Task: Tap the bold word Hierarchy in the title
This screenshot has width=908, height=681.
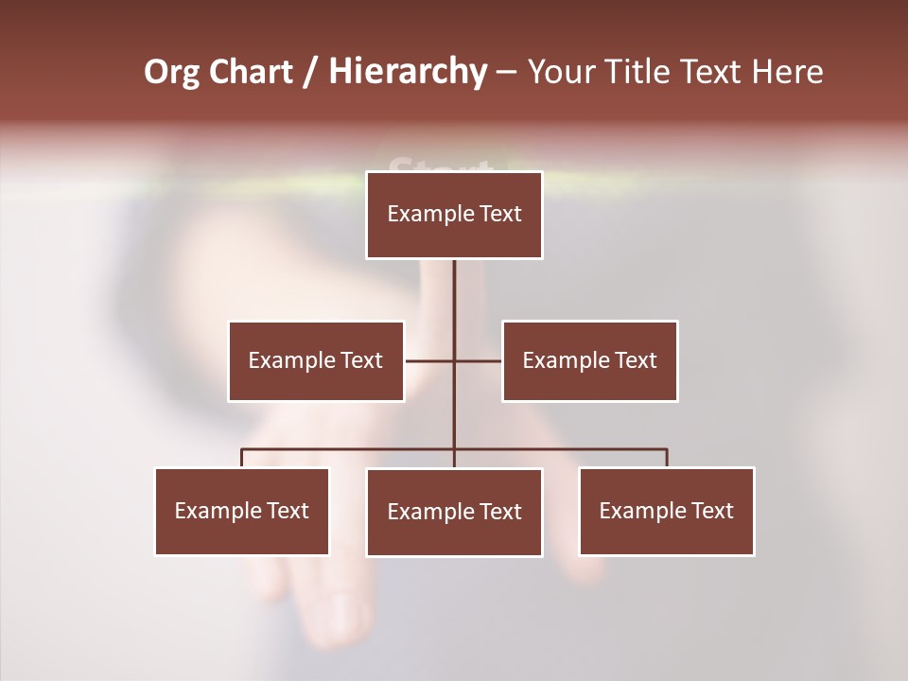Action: (407, 72)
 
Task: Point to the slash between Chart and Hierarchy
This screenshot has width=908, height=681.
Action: (310, 72)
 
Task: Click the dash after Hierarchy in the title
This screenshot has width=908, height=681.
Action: (506, 72)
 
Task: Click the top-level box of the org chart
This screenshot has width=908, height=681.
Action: (454, 215)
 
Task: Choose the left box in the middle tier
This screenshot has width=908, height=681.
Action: (316, 361)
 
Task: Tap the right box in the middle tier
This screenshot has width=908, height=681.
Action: (589, 361)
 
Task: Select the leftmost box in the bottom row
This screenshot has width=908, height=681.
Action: (242, 512)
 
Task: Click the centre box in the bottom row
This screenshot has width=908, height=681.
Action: (454, 513)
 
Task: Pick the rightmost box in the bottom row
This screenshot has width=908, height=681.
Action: (666, 512)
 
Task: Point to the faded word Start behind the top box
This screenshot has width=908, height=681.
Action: (440, 167)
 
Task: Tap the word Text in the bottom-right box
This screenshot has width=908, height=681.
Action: (712, 511)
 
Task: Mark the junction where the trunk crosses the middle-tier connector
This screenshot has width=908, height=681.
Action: (454, 361)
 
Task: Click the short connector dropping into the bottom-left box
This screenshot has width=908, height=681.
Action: (242, 459)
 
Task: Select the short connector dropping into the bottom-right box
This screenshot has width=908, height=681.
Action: (667, 459)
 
